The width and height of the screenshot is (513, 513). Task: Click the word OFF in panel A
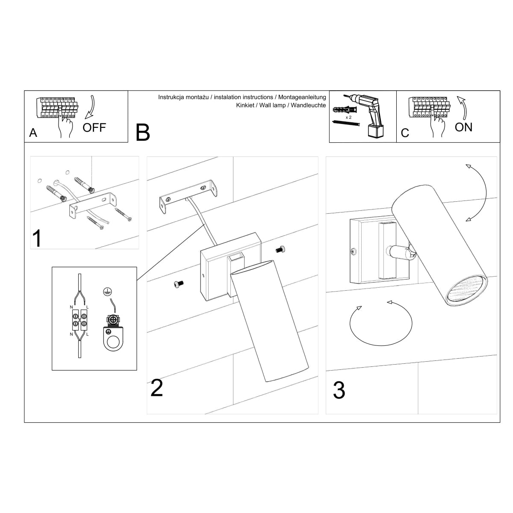(94, 127)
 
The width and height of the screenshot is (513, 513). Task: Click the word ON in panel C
(463, 127)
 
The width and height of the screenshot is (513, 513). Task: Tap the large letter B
(143, 133)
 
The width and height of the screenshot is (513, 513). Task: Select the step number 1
(38, 239)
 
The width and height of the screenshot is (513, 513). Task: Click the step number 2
(157, 388)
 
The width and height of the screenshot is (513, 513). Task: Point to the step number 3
(339, 390)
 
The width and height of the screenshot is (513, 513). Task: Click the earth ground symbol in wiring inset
(106, 292)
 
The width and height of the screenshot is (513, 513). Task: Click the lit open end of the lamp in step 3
(466, 291)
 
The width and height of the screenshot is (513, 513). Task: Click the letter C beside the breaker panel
(405, 133)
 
